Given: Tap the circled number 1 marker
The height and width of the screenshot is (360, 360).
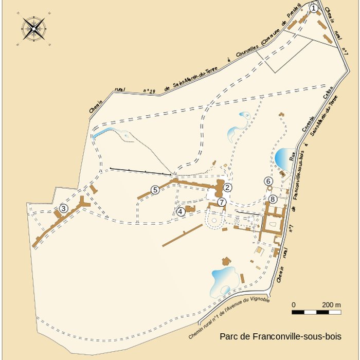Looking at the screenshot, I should tap(314, 8).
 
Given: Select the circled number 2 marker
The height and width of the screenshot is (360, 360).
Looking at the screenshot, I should tap(227, 188).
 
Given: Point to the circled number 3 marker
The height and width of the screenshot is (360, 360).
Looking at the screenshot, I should tap(63, 208).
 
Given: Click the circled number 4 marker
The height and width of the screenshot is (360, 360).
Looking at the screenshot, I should tap(181, 211).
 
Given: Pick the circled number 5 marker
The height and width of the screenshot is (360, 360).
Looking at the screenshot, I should tap(155, 190).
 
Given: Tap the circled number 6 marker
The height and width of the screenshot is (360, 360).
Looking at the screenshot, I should tap(268, 181).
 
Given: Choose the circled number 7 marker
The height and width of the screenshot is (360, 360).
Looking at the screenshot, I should tap(221, 202).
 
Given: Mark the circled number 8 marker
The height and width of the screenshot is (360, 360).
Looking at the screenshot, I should tap(273, 199).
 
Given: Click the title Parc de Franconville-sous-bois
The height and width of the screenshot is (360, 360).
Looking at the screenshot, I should tap(280, 337).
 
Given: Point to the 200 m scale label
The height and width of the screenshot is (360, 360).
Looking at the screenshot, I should tap(331, 305).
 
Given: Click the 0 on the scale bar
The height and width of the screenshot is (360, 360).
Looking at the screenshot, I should tap(294, 305).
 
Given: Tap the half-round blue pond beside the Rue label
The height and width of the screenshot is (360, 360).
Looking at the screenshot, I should tap(282, 157).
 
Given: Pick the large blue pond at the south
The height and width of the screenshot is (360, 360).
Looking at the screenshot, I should tap(223, 280).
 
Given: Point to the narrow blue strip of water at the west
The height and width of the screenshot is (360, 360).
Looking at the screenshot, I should tap(103, 133).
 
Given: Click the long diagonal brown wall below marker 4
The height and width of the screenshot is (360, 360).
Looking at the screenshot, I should tap(183, 235).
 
